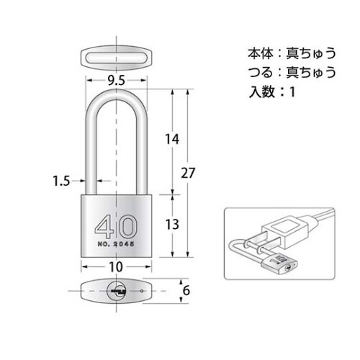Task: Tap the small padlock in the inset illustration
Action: coord(280,266)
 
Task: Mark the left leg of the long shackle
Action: coord(91,151)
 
